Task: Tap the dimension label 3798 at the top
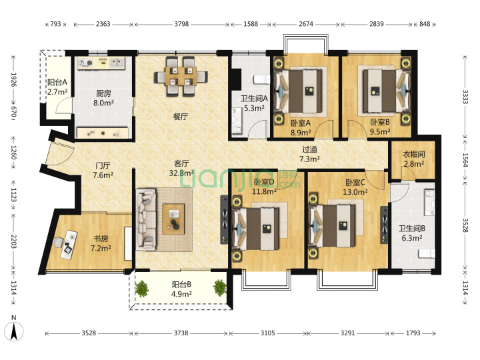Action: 181,24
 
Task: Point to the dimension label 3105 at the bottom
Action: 268,333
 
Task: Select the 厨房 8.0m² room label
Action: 103,98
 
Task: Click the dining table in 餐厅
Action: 181,76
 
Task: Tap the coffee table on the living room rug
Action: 173,219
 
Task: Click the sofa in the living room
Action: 146,218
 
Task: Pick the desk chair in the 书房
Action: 57,243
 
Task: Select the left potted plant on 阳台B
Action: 141,289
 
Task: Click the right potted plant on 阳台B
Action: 220,288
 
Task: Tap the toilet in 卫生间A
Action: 261,79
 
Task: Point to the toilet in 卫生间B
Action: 427,253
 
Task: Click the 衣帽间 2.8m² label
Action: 413,159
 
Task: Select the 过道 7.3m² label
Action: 309,154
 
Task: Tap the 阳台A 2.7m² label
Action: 57,87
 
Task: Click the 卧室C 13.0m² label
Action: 355,187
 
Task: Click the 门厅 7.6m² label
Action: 103,170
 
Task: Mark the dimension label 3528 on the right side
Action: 465,225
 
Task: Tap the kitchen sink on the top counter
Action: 117,63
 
